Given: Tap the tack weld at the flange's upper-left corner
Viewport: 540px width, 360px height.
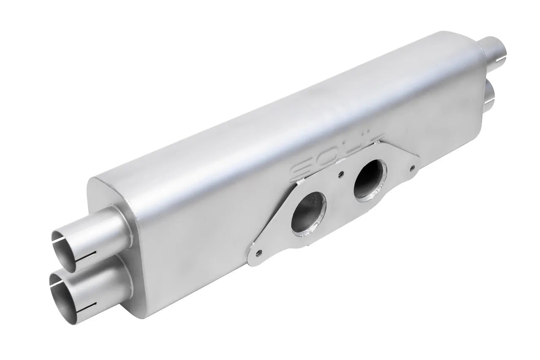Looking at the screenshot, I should tap(300, 182).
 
